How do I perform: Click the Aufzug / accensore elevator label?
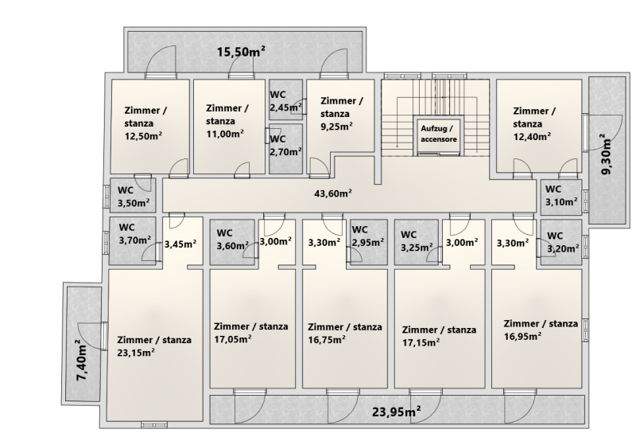click(439, 134)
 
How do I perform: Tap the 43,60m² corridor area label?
click(333, 193)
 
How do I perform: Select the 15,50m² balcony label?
click(242, 52)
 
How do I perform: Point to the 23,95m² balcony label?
click(396, 412)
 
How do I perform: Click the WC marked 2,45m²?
click(286, 100)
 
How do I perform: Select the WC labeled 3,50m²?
click(134, 196)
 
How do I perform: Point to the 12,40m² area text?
click(532, 136)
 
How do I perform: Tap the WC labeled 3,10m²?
click(561, 195)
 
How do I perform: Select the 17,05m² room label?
click(232, 338)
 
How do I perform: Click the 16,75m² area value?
click(327, 339)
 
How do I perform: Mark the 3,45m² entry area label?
click(180, 244)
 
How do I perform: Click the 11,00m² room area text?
click(225, 134)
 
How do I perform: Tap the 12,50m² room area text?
click(143, 135)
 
